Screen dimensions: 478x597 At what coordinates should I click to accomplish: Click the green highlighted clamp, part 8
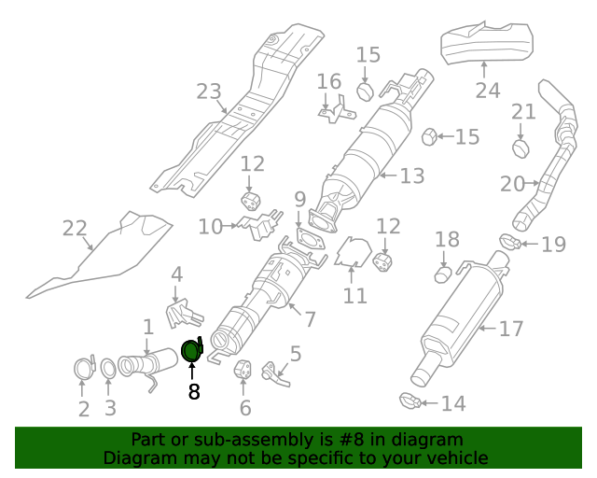[191, 351]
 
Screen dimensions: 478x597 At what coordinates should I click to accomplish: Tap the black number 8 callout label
[194, 392]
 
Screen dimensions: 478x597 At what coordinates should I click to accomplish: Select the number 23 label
[209, 91]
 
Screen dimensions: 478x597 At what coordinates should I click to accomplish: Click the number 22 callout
[74, 228]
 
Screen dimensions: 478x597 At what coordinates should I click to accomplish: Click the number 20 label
[513, 184]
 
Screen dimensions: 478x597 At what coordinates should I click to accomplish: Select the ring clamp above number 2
[83, 367]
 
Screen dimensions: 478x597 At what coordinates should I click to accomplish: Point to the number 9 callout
[299, 198]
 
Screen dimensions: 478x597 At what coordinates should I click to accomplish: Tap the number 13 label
[412, 175]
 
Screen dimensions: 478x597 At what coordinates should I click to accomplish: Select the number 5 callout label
[295, 353]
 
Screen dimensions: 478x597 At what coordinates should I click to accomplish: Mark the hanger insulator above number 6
[243, 369]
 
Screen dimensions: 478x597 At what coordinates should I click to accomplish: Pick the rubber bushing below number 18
[444, 274]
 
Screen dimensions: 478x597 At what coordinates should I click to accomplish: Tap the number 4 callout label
[176, 274]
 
